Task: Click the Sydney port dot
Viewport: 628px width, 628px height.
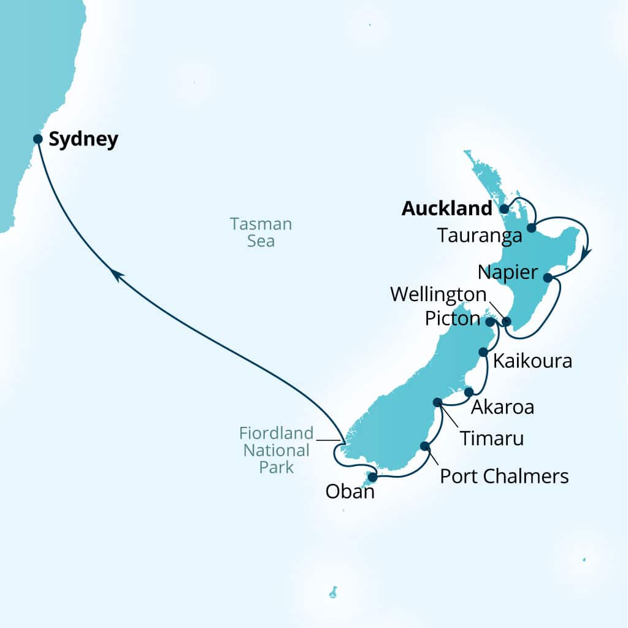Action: point(37,139)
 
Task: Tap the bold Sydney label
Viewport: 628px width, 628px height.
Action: point(83,140)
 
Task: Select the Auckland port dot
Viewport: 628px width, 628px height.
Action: point(504,209)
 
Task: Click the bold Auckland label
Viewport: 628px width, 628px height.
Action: point(446,209)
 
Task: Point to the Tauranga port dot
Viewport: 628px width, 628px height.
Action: point(531,228)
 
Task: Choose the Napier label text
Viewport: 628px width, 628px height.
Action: point(509,271)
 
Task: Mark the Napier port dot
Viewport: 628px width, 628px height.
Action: point(548,277)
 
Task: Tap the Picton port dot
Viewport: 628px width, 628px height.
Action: point(489,321)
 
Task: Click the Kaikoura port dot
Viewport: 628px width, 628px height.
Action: point(483,352)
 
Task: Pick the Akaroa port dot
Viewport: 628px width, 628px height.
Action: point(469,392)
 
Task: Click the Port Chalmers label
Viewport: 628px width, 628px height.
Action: point(504,476)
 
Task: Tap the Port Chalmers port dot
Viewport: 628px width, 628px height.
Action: point(424,446)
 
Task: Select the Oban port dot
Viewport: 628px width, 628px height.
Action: point(372,477)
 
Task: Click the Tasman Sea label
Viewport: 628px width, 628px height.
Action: point(261,232)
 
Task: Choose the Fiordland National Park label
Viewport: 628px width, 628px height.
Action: point(275,450)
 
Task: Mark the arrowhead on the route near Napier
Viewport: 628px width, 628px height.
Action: point(585,252)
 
